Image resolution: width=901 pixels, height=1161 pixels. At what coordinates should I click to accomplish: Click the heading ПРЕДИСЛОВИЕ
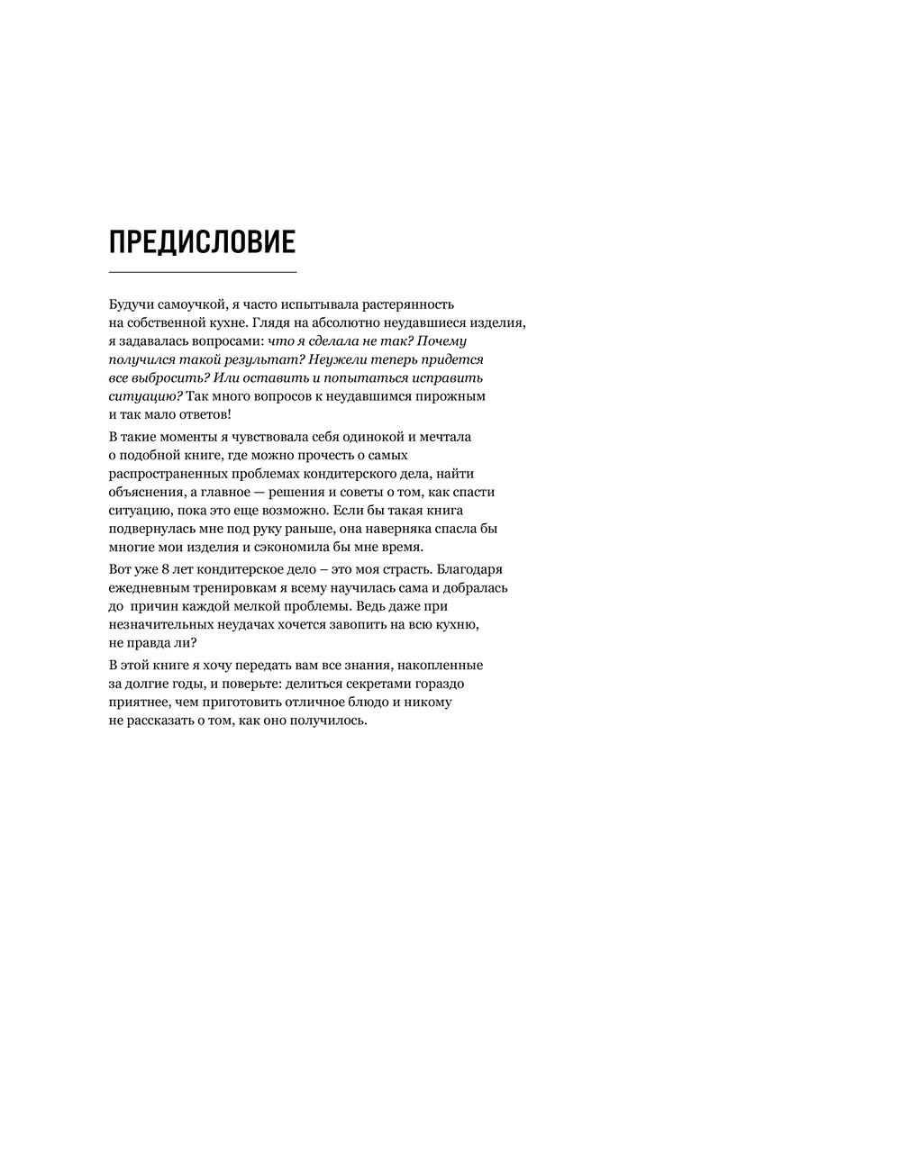tap(202, 242)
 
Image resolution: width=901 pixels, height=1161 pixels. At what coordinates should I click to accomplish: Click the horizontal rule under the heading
tap(202, 271)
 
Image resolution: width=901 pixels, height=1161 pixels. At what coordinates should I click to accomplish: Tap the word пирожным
tap(450, 395)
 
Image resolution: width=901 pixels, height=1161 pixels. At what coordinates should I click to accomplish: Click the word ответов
tap(202, 414)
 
